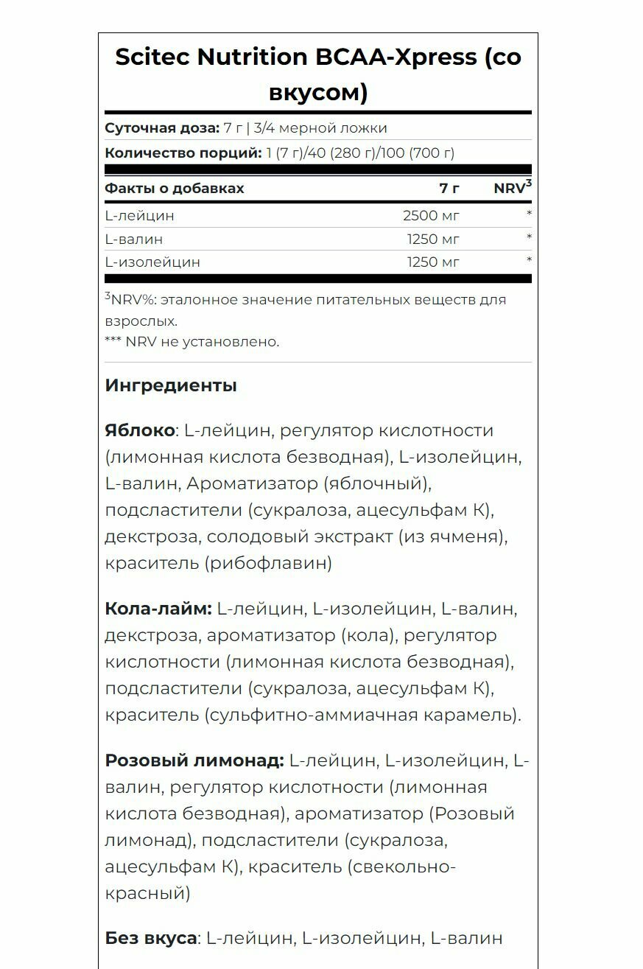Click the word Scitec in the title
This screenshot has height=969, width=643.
152,57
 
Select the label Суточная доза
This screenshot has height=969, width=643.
162,128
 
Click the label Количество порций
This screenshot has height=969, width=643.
183,153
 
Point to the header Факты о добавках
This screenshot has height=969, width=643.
175,189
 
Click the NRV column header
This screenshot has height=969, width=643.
510,189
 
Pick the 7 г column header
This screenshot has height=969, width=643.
449,189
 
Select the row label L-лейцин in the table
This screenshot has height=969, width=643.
140,216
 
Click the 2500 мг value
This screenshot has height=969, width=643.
432,216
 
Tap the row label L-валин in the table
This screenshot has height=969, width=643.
134,239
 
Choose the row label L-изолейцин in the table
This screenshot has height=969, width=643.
152,262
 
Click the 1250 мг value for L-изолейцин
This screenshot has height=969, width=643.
433,262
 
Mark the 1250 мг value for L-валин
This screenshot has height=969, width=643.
433,239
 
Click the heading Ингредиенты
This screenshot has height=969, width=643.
171,385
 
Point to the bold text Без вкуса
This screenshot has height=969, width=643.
151,939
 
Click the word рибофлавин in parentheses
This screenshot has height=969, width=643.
270,564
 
